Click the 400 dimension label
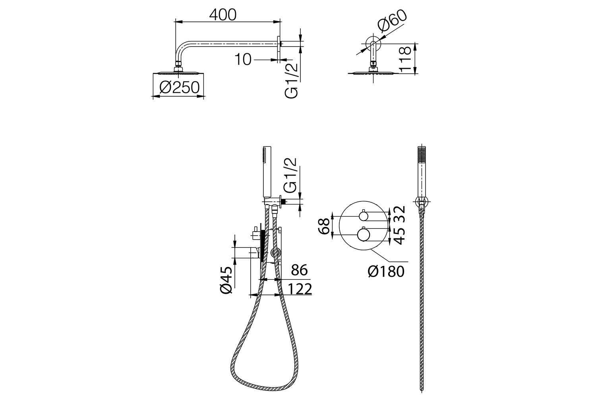click(223, 15)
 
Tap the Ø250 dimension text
click(180, 88)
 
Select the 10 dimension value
click(243, 59)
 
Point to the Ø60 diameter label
click(392, 21)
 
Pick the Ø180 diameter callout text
click(386, 271)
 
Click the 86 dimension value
click(299, 270)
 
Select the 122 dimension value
click(300, 289)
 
